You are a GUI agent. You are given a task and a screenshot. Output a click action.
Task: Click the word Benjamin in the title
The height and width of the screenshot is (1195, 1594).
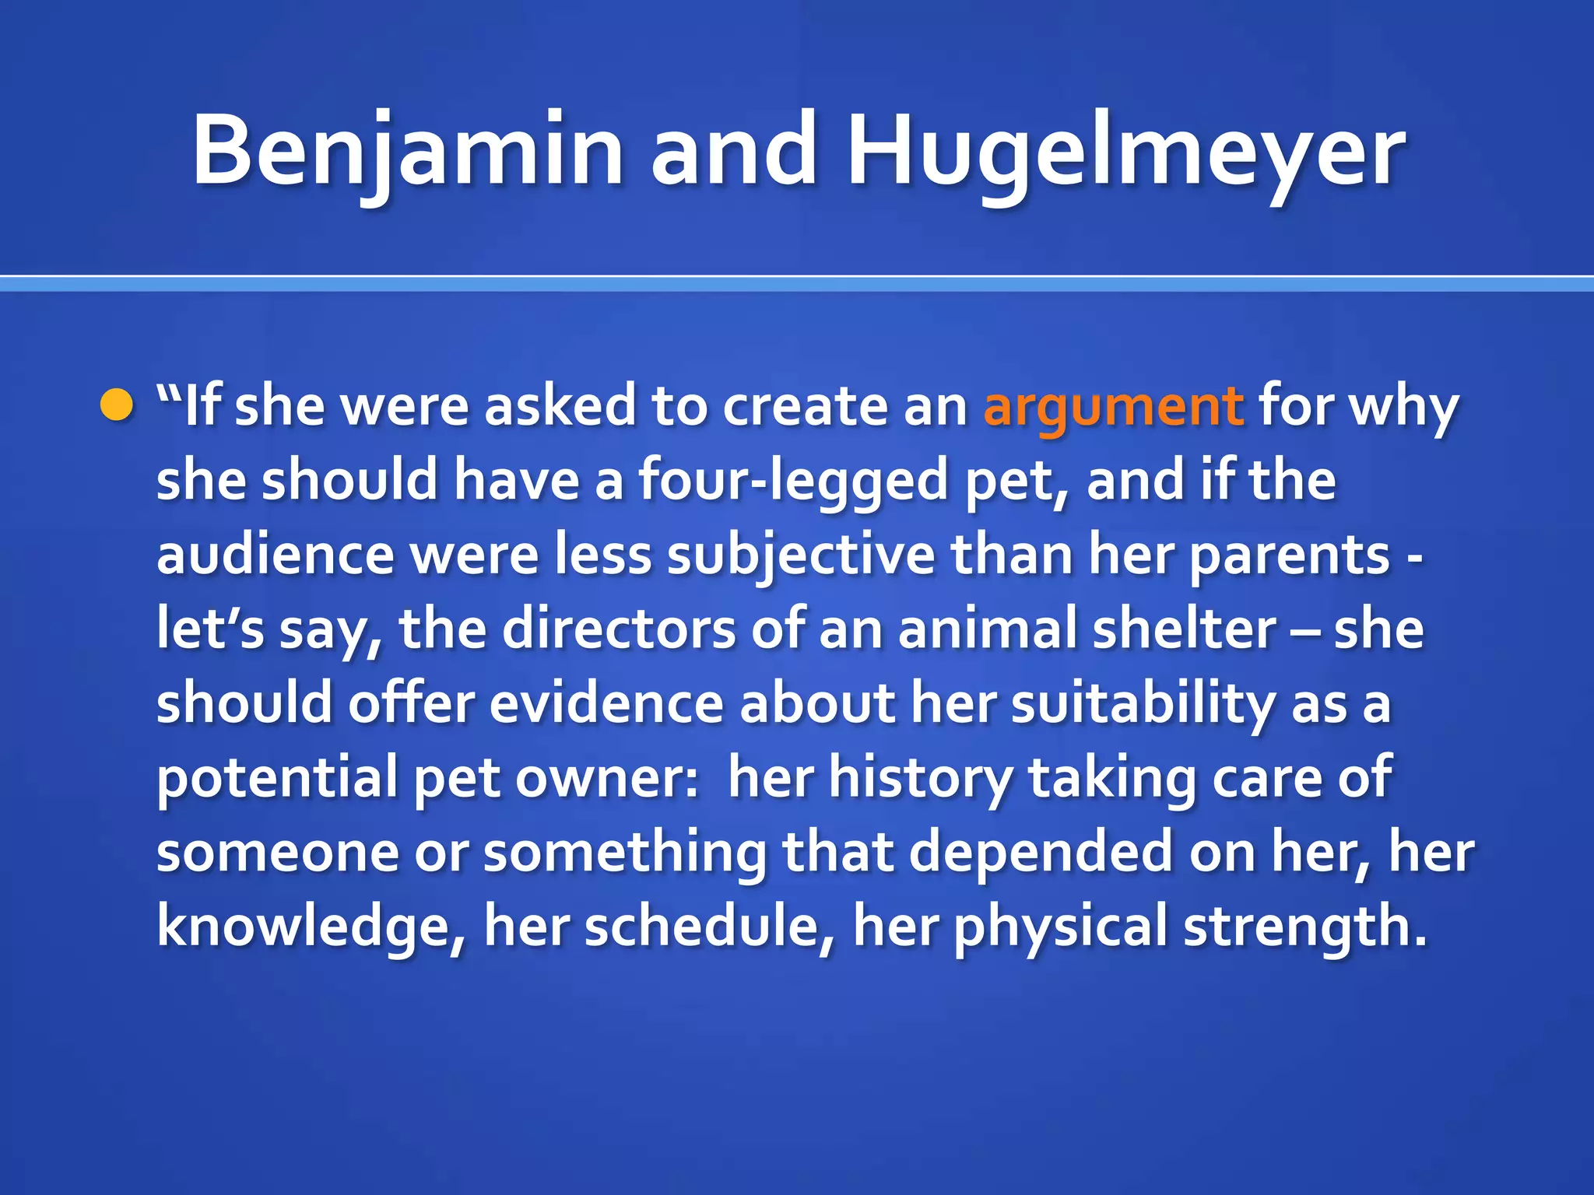coord(407,152)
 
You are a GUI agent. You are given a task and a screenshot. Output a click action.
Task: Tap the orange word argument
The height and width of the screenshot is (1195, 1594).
coord(1113,408)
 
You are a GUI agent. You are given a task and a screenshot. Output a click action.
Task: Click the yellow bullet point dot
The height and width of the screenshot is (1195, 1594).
coord(117,406)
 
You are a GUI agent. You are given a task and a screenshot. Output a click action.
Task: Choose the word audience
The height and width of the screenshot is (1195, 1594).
coord(276,555)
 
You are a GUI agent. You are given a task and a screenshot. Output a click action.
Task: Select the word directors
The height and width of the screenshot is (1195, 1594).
coord(619,629)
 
